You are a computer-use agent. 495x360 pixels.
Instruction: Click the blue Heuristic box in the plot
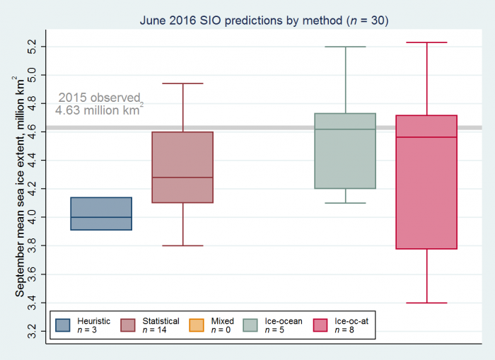[101, 214]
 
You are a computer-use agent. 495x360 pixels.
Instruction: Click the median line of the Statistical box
[182, 178]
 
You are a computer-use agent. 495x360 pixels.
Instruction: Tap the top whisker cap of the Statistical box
[182, 83]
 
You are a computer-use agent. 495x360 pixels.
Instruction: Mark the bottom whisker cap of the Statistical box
[182, 245]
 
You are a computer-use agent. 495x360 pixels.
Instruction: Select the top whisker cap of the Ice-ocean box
[345, 47]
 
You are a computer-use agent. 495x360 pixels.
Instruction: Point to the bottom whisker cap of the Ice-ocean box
[345, 203]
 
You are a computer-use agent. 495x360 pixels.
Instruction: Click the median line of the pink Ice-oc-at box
[426, 137]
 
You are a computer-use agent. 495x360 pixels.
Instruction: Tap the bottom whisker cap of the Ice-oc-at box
[426, 303]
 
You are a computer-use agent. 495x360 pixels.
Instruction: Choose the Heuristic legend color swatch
[63, 325]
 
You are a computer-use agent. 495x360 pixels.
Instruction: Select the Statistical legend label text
[160, 321]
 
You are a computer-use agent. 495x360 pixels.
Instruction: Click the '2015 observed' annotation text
[100, 98]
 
